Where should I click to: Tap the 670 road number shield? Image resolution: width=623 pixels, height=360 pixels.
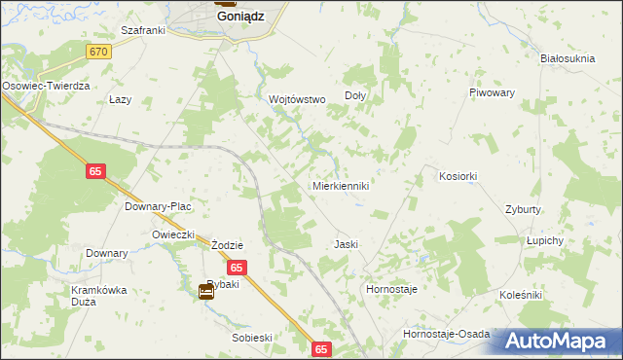tap(96, 51)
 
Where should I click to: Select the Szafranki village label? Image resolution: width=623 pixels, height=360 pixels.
tap(143, 30)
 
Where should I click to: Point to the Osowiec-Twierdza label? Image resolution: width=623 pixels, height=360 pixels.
tap(46, 86)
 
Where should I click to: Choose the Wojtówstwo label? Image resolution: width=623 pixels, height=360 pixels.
tap(296, 99)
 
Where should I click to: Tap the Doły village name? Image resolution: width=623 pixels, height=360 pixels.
tap(355, 96)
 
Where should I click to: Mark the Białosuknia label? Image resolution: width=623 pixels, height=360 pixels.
tap(568, 58)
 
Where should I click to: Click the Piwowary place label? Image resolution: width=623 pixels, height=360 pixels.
tap(491, 92)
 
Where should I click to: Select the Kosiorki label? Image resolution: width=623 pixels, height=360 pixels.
tap(458, 176)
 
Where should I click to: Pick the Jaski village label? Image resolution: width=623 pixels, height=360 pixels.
tap(347, 244)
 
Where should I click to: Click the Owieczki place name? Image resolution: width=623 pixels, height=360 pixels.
tap(174, 234)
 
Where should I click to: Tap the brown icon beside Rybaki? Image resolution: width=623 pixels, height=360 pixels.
tap(206, 290)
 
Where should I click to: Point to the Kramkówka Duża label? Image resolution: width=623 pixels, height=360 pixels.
tap(99, 296)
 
